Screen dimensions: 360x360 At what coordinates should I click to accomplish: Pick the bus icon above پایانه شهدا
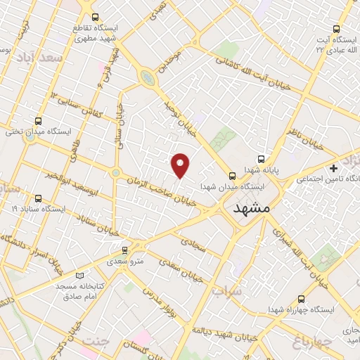click(262, 159)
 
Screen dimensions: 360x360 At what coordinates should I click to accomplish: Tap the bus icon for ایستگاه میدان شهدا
click(232, 176)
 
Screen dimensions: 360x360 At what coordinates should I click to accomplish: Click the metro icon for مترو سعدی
click(125, 249)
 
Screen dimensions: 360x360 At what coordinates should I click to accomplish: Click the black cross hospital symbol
click(333, 168)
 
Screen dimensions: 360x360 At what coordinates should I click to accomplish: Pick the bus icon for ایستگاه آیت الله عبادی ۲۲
click(337, 30)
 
